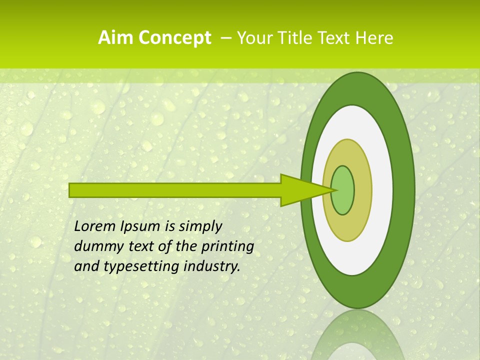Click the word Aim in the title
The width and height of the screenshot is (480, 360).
(115, 38)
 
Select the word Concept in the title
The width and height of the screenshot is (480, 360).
(174, 38)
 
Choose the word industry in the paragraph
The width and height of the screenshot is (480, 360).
(212, 266)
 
